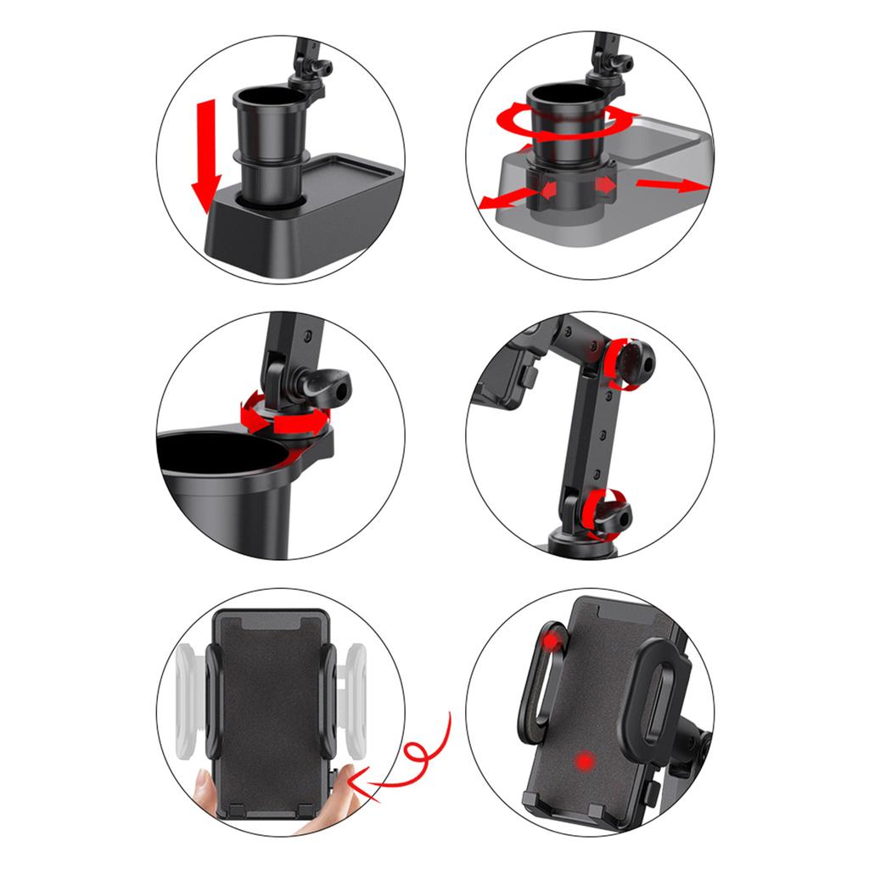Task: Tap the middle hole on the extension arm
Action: [x=605, y=434]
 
